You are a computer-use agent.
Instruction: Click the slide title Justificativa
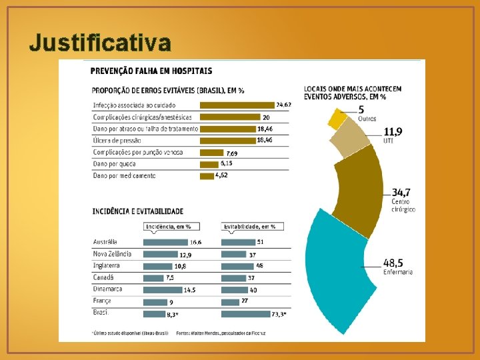click(x=100, y=43)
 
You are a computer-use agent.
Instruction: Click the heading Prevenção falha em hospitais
click(x=152, y=70)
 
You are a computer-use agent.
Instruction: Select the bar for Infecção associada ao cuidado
click(x=237, y=105)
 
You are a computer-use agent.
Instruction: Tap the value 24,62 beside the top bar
click(x=283, y=105)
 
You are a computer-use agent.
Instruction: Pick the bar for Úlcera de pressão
click(x=227, y=141)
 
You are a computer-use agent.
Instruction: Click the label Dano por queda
click(x=116, y=164)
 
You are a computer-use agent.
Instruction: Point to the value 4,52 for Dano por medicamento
click(x=222, y=175)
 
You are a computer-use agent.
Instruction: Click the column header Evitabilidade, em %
click(x=249, y=227)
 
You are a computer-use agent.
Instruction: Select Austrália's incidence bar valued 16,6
click(x=165, y=242)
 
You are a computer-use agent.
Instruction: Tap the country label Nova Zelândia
click(x=112, y=254)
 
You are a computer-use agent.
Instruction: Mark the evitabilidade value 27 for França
click(x=245, y=301)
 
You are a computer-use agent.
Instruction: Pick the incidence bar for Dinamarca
click(x=163, y=289)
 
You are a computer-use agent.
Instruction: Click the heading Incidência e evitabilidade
click(x=138, y=211)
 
